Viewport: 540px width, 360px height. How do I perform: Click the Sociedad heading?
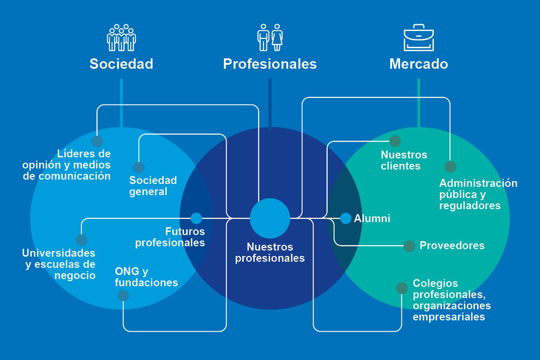[x=121, y=64]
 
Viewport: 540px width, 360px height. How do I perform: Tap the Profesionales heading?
[x=270, y=64]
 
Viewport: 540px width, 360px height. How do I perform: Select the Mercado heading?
[x=419, y=64]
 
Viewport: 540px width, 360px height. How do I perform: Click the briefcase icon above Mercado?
[x=419, y=37]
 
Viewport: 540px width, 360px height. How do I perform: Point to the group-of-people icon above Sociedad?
[x=121, y=37]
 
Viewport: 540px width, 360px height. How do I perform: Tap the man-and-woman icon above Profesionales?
[x=270, y=37]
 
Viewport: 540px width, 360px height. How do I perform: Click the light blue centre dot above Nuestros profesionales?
[x=270, y=218]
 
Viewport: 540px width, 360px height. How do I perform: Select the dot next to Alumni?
[x=346, y=218]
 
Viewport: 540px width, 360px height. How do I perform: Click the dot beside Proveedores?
[x=409, y=246]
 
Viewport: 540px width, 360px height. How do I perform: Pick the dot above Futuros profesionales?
[x=196, y=218]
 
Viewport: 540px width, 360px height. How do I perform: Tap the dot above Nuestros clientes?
[x=395, y=141]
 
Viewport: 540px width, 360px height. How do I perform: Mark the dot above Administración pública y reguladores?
[x=450, y=167]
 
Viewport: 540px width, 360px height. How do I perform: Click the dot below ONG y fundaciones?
[x=123, y=296]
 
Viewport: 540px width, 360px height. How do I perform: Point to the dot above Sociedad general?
[x=139, y=167]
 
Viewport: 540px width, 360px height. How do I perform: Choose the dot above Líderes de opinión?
[x=97, y=141]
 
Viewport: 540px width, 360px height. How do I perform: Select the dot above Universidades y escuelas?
[x=82, y=240]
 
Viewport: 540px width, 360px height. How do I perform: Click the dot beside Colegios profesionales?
[x=402, y=288]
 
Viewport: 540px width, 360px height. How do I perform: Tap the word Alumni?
[x=372, y=218]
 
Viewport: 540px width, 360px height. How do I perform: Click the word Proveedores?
[x=452, y=246]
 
